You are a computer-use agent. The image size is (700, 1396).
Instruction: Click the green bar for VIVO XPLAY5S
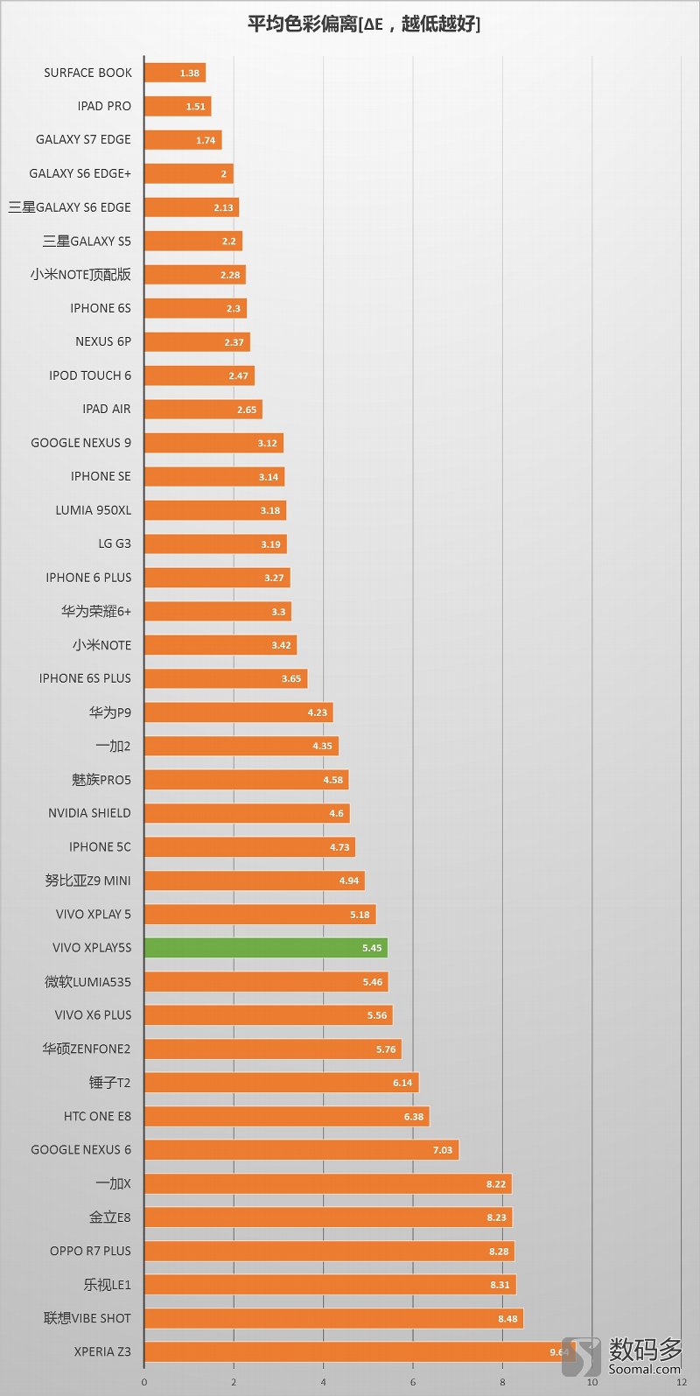click(265, 948)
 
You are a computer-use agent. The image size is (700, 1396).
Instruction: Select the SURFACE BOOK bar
click(174, 73)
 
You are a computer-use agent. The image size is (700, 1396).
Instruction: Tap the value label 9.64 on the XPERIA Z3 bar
click(559, 1352)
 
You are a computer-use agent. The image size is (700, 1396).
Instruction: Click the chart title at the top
click(363, 24)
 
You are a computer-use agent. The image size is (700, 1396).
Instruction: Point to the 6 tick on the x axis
click(413, 1382)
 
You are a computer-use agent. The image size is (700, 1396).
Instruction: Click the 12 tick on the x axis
click(682, 1382)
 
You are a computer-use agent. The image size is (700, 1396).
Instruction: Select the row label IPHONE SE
click(101, 476)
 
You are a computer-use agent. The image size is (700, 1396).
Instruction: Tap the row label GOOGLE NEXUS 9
click(80, 443)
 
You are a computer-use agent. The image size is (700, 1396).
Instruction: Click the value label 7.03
click(443, 1150)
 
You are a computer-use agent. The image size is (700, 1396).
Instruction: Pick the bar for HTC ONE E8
click(286, 1117)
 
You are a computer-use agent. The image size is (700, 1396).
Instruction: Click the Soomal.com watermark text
click(645, 1369)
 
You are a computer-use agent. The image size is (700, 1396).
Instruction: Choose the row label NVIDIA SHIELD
click(89, 813)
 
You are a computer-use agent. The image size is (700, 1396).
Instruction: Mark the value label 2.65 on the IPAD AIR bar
click(247, 410)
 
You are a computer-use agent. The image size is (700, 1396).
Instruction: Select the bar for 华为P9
click(238, 712)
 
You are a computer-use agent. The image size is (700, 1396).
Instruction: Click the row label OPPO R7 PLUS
click(90, 1251)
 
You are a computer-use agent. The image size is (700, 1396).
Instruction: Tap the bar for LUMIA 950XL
click(214, 510)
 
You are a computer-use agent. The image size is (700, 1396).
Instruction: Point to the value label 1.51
click(195, 107)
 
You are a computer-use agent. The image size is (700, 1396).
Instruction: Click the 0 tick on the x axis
click(144, 1382)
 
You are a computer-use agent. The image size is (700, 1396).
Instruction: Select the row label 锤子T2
click(109, 1083)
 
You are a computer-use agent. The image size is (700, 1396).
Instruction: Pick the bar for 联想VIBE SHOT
click(333, 1318)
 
